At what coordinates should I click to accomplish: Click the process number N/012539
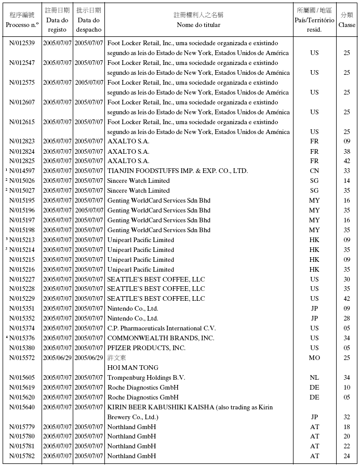22,43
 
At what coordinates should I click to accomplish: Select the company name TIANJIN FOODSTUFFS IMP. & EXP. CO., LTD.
177,171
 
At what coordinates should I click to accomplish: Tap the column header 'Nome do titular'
198,24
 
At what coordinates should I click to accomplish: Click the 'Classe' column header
346,24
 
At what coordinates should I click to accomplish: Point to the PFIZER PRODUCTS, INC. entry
146,348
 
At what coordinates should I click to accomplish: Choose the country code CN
314,171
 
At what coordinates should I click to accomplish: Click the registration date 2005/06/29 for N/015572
57,358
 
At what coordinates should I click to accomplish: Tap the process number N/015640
22,407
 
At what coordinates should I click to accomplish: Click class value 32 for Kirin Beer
346,417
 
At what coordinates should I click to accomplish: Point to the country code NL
314,378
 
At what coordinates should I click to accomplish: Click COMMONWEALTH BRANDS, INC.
161,338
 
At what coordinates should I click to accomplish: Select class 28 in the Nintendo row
346,318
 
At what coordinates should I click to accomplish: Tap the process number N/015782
22,456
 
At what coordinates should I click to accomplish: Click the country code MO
314,358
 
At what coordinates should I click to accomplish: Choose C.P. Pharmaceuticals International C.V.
161,328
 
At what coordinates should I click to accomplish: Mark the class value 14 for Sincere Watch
346,181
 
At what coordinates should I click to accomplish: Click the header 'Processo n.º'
22,24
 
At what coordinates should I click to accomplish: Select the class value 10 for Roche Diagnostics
346,388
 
